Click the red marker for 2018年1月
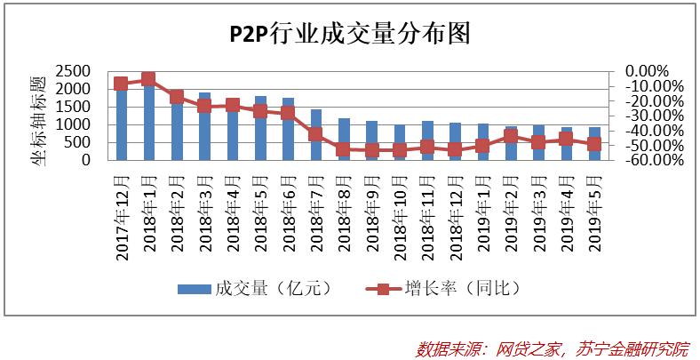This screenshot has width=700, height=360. click(148, 79)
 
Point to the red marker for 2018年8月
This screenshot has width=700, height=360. click(343, 149)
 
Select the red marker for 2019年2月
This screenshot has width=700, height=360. click(511, 136)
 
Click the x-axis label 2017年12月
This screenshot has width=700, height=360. click(122, 213)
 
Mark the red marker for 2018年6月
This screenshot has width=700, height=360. click(288, 113)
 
